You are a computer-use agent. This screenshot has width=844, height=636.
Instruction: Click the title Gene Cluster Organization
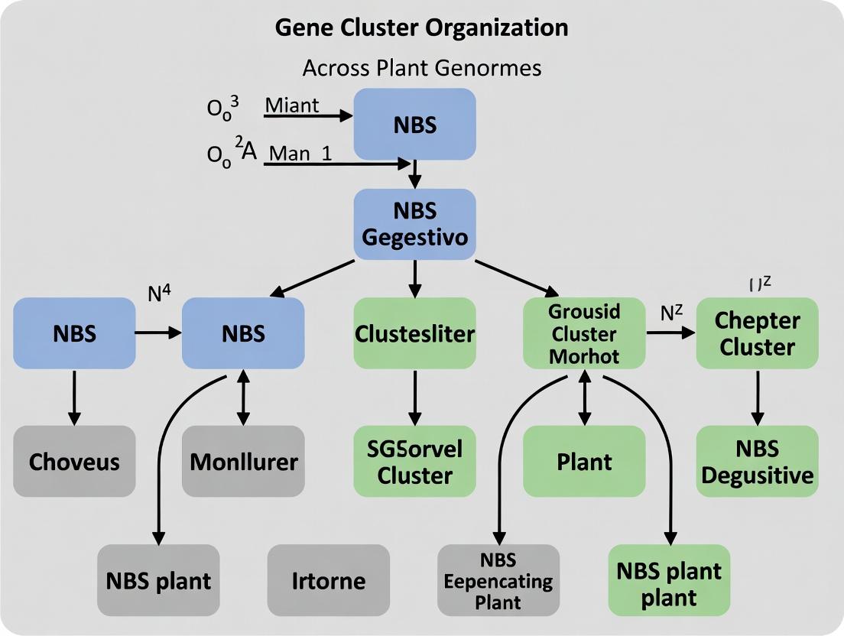click(421, 28)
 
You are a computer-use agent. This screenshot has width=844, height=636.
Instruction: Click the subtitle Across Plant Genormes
click(421, 68)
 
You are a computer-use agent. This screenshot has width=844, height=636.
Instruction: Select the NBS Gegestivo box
click(414, 223)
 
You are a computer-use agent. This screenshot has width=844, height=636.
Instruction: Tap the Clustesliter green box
click(414, 334)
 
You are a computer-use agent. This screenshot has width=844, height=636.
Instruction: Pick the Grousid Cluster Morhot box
click(584, 334)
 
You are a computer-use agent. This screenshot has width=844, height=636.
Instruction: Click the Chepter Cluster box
click(757, 334)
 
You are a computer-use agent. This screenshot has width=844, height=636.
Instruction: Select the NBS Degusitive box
click(757, 461)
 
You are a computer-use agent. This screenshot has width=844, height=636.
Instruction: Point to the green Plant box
click(584, 461)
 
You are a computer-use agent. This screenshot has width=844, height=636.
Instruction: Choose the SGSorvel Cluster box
click(414, 461)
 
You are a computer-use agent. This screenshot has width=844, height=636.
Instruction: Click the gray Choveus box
click(74, 461)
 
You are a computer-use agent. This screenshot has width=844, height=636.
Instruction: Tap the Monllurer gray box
click(243, 461)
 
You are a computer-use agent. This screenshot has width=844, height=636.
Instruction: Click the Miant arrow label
click(291, 105)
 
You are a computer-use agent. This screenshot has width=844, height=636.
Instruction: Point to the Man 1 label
click(300, 152)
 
